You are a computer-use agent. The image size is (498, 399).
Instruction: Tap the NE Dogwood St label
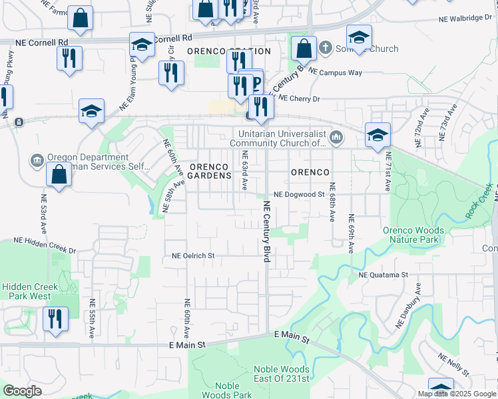point(299,195)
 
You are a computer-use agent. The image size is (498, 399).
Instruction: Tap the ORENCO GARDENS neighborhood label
point(209,171)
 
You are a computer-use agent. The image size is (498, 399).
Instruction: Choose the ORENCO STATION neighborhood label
point(229,51)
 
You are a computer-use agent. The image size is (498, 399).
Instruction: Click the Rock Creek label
point(479,199)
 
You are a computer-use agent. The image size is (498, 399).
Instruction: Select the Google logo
point(22,391)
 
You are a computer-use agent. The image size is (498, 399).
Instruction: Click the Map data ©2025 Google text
point(456,394)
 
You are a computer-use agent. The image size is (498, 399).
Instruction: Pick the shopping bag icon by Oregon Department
point(59,175)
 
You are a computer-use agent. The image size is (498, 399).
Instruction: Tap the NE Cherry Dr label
point(299,98)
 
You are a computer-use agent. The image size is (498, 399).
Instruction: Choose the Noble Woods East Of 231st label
point(282,374)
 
